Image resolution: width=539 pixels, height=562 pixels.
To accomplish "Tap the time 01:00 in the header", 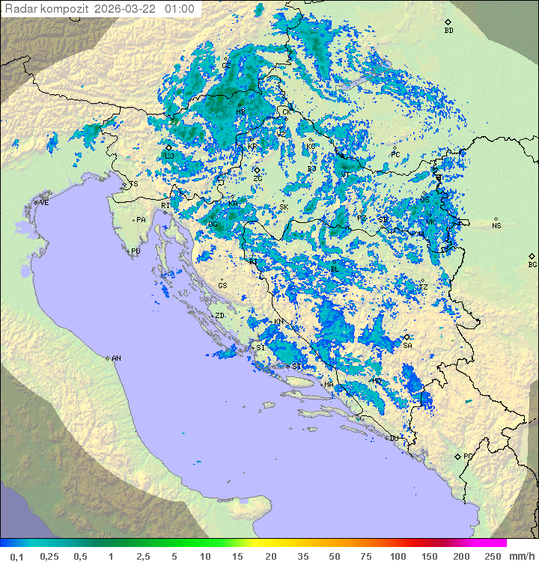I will click(180, 9).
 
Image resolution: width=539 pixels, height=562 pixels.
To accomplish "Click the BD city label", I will click(448, 31).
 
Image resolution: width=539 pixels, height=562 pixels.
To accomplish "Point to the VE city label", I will click(44, 203).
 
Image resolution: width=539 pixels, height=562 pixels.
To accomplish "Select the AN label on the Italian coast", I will click(116, 358).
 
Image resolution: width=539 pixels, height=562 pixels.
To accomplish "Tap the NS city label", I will click(496, 226).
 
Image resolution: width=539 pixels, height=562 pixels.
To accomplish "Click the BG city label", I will click(532, 264).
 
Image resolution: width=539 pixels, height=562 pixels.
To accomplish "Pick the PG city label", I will click(468, 456).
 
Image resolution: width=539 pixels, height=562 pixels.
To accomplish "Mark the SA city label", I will click(407, 345).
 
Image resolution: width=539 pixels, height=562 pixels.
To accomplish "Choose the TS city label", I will click(134, 184).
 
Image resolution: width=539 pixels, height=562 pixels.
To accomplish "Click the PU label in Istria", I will click(135, 251).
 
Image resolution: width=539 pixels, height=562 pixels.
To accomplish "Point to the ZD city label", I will click(220, 316).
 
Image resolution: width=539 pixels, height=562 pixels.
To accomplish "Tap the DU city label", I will click(393, 438).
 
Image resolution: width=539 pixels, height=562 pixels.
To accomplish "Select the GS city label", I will click(222, 286).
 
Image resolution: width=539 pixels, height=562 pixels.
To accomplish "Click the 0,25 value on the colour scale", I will click(49, 556).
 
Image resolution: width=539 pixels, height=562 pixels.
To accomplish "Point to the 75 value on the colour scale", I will click(365, 556).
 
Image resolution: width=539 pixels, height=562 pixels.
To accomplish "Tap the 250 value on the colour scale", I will click(492, 556).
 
